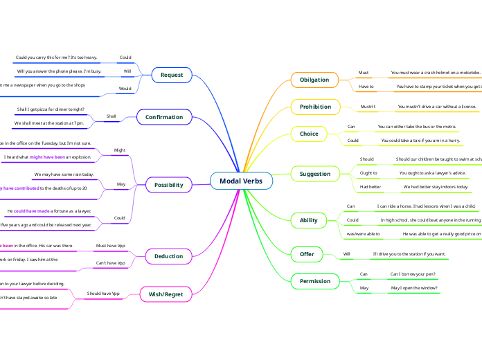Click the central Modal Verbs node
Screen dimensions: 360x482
(241, 181)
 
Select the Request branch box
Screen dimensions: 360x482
(171, 74)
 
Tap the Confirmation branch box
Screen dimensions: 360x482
(164, 117)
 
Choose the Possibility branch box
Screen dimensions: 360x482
(169, 185)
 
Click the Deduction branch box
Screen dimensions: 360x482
(168, 256)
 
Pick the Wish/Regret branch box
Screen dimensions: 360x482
(166, 294)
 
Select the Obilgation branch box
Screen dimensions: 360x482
(314, 80)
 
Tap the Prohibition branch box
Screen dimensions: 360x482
(315, 107)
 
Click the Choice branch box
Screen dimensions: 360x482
(309, 133)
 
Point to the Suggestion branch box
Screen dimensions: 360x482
(315, 174)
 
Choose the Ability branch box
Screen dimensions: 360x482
(309, 220)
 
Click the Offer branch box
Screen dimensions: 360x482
(307, 254)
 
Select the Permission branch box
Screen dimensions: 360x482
(315, 281)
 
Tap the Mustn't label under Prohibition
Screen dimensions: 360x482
(368, 107)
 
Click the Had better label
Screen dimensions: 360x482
(371, 187)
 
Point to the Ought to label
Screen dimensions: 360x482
(369, 173)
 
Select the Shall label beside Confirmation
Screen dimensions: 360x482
(111, 116)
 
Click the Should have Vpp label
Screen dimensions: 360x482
(104, 294)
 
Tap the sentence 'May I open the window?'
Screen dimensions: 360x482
(414, 287)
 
